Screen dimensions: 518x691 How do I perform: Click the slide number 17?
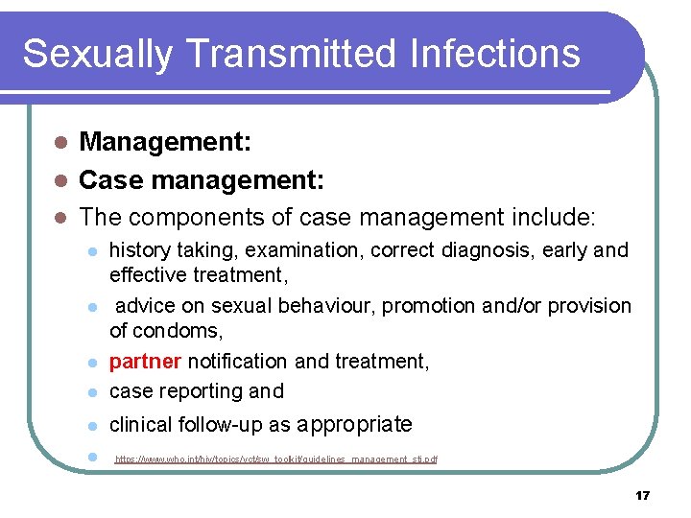[x=642, y=495]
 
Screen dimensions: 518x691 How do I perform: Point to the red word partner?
[x=145, y=362]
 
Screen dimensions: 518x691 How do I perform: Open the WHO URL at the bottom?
[x=276, y=460]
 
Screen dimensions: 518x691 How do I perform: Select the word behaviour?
[x=323, y=306]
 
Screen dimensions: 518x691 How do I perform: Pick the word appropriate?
[x=355, y=425]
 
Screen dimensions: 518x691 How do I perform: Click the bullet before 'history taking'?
[x=91, y=252]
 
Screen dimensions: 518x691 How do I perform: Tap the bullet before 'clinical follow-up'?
[x=91, y=426]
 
